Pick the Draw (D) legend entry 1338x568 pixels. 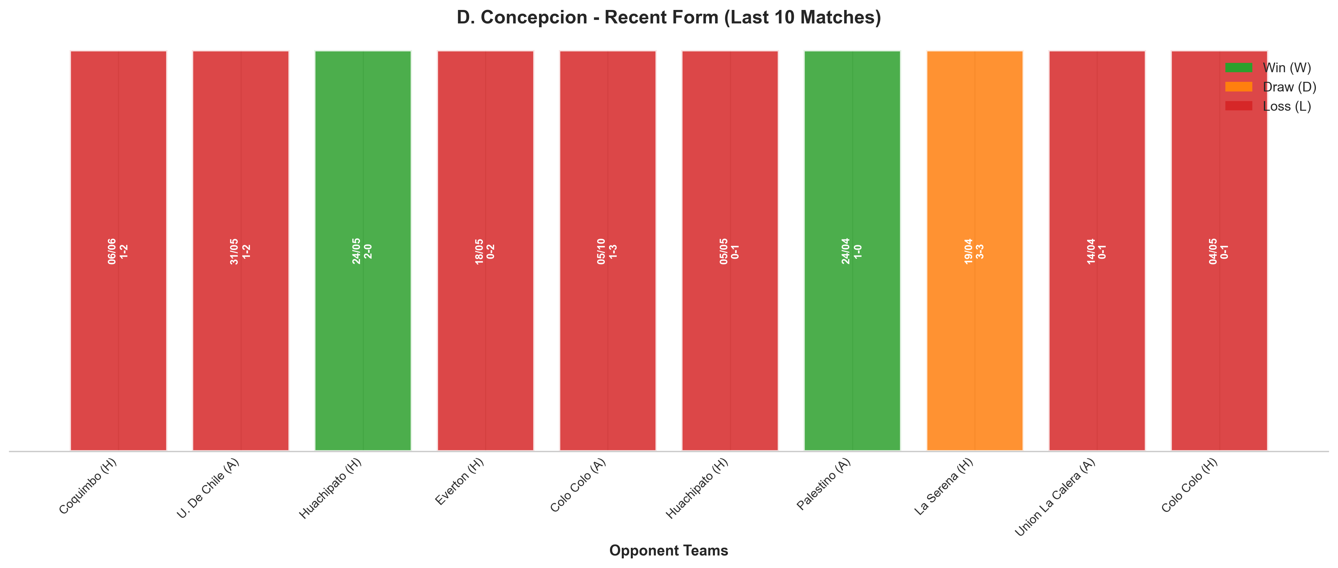1271,87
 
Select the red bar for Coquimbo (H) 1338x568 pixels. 118,251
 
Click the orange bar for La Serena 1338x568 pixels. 974,251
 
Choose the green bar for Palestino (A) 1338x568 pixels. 852,251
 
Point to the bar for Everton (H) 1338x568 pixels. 486,251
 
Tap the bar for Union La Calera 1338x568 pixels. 1097,251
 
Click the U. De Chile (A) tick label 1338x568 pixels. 208,488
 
